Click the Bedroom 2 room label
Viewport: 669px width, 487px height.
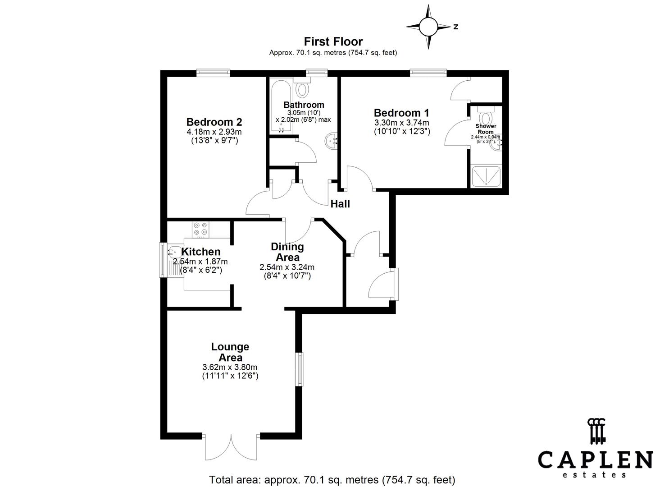point(214,122)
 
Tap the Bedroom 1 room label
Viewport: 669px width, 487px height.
point(401,113)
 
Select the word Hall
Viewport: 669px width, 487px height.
point(340,204)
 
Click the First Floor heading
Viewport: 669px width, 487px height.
point(333,41)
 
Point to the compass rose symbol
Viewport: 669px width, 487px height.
point(428,27)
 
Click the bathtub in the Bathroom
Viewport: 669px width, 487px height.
point(281,106)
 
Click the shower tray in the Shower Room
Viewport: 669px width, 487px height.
point(485,176)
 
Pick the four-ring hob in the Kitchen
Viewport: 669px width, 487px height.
point(200,230)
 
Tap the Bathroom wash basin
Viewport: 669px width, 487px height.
point(332,141)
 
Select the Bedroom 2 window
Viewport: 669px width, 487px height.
point(213,73)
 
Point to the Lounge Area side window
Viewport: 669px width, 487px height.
point(299,369)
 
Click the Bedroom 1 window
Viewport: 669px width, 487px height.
point(428,73)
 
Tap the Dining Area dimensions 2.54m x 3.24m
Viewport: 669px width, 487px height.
point(287,267)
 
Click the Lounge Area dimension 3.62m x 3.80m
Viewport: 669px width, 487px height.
point(230,367)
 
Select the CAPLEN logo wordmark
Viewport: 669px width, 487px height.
point(595,460)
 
